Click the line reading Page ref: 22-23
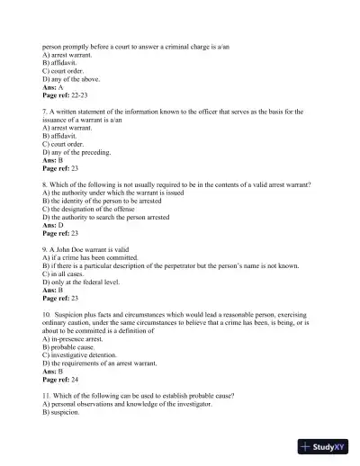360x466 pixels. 65,94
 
